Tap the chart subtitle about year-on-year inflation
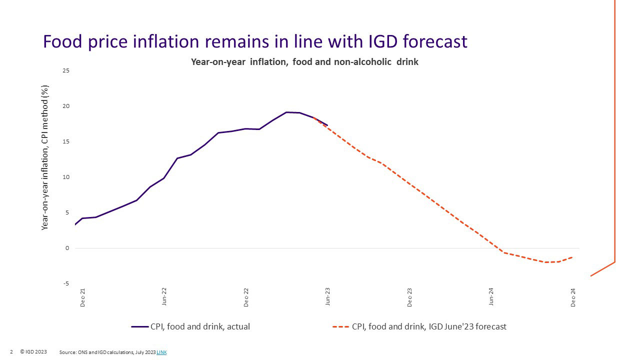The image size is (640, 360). [304, 62]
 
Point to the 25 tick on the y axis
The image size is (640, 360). [66, 71]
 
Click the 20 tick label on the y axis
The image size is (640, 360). [66, 106]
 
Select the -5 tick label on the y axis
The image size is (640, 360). [66, 283]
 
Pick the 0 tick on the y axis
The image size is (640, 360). [67, 248]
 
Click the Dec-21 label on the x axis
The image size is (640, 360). [82, 297]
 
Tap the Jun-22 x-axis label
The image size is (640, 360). [164, 297]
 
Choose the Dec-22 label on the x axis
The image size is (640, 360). [246, 297]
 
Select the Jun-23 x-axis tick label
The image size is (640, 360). [328, 297]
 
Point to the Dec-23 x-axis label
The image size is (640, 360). [409, 297]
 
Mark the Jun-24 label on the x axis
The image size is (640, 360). [491, 297]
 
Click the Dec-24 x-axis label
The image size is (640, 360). [573, 297]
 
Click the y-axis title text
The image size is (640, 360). [45, 157]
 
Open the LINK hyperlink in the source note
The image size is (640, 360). [161, 352]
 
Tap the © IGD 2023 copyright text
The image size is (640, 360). [33, 352]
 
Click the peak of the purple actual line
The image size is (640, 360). [286, 112]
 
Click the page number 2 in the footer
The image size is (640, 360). [11, 352]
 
